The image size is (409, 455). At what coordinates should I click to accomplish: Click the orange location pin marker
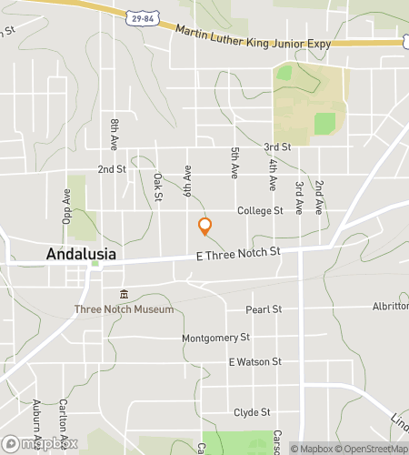(204, 227)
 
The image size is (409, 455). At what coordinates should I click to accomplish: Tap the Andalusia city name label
(81, 255)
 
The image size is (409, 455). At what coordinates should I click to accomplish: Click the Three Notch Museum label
(125, 309)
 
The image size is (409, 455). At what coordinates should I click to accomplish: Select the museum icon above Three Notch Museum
(125, 295)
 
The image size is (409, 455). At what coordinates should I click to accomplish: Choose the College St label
(260, 210)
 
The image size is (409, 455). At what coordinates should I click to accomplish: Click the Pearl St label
(264, 309)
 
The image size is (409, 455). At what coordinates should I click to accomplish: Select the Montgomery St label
(215, 338)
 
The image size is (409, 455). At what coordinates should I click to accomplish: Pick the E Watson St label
(255, 361)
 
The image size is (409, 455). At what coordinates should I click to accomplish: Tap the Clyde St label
(252, 411)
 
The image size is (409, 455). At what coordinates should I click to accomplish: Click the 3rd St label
(277, 147)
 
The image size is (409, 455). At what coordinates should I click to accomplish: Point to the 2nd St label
(112, 169)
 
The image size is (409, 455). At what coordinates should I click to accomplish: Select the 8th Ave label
(115, 133)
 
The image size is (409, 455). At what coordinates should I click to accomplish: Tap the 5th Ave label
(234, 163)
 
